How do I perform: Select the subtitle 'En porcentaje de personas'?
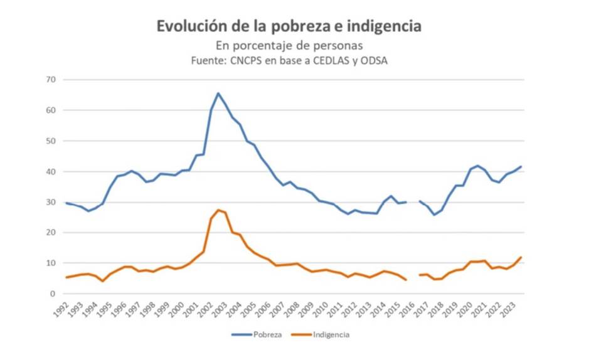pyautogui.click(x=289, y=46)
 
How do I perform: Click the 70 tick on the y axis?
pyautogui.click(x=51, y=80)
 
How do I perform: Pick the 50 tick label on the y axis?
pyautogui.click(x=51, y=141)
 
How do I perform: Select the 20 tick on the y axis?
pyautogui.click(x=51, y=233)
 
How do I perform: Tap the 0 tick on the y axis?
pyautogui.click(x=53, y=294)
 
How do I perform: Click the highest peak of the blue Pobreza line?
pyautogui.click(x=218, y=93)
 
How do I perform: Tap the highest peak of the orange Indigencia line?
pyautogui.click(x=218, y=209)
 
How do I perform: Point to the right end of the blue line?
pyautogui.click(x=521, y=166)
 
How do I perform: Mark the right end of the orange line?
pyautogui.click(x=521, y=257)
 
